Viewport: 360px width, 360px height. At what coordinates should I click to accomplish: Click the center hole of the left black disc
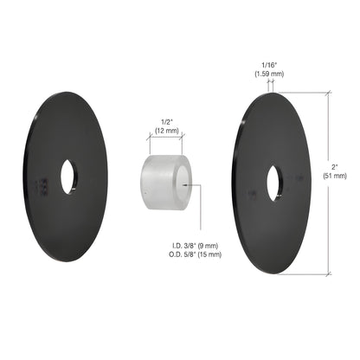click(67, 177)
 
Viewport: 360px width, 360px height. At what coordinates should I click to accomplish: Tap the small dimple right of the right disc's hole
click(299, 177)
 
